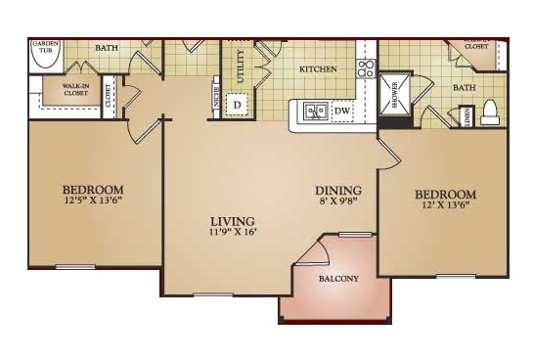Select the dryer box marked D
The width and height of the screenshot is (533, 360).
point(236,104)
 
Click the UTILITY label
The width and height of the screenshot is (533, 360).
point(240,68)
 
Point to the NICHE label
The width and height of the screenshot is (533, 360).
point(216,99)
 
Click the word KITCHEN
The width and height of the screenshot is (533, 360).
point(318,69)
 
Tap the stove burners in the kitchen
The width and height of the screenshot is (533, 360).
point(366,68)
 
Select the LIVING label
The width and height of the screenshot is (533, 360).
point(232,221)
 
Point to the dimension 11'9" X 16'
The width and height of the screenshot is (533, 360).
point(232,233)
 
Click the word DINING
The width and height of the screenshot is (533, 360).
point(338,191)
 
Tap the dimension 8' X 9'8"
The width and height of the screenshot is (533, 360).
point(338,202)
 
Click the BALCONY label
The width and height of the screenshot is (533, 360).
point(339,279)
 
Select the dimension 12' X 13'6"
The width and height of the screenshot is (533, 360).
point(445,206)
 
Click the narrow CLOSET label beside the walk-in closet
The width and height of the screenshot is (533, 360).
point(108,95)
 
